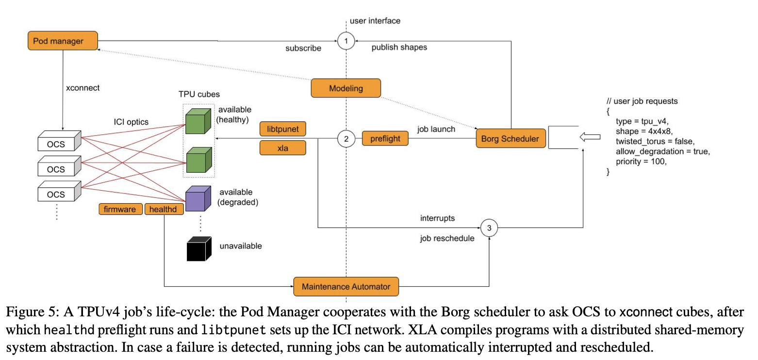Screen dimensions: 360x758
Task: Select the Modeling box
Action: pos(346,88)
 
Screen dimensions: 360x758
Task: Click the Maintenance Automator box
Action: pos(346,286)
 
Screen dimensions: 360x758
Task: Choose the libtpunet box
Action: pos(283,129)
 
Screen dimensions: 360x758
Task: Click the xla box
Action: pos(283,148)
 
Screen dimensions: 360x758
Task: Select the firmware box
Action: pos(120,209)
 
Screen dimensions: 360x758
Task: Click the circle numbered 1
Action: pos(346,41)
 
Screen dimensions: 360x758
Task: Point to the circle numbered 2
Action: pos(346,139)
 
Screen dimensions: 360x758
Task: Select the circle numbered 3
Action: pos(489,227)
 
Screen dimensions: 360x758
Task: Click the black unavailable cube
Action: pos(198,249)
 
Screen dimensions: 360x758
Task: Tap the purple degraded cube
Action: pos(198,199)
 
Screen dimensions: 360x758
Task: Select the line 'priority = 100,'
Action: pos(641,162)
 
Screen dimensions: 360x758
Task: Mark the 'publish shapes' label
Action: pos(399,48)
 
